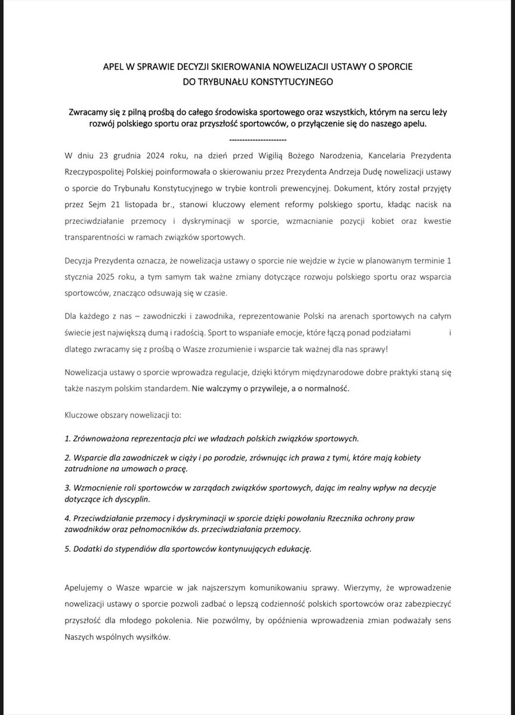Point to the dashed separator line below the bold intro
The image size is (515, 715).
pyautogui.click(x=257, y=139)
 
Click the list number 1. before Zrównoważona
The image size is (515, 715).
pyautogui.click(x=67, y=439)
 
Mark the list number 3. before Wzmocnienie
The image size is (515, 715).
pyautogui.click(x=67, y=487)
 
